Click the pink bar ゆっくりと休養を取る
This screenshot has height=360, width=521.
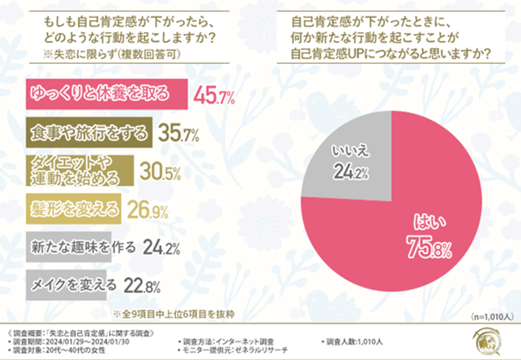(x=106, y=94)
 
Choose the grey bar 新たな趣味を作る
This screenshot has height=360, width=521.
(x=81, y=248)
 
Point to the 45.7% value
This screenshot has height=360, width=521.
(x=213, y=96)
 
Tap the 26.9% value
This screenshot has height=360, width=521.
(x=148, y=210)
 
